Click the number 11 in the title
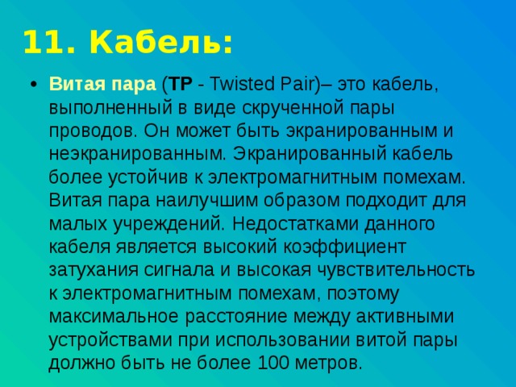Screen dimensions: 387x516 coord(38,42)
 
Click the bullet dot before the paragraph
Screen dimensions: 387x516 coord(31,85)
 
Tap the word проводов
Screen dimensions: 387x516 coord(86,131)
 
